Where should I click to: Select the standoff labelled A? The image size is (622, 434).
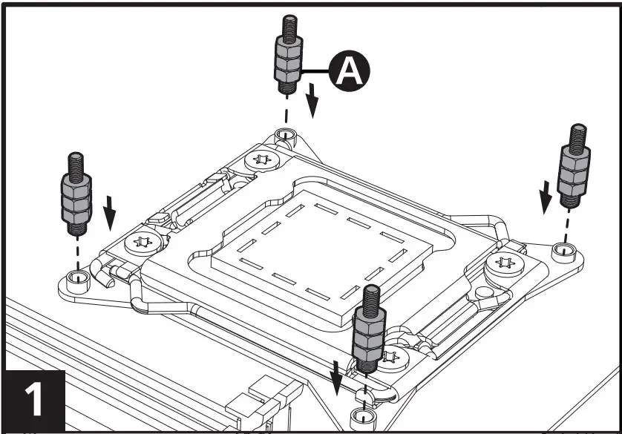pyautogui.click(x=287, y=63)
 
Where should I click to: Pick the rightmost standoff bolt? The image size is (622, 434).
pyautogui.click(x=574, y=167)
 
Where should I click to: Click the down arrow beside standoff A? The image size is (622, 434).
pyautogui.click(x=313, y=100)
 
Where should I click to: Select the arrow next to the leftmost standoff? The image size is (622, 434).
pyautogui.click(x=110, y=212)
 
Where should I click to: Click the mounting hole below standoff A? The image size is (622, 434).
pyautogui.click(x=282, y=135)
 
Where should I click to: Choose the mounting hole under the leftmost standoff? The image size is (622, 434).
pyautogui.click(x=74, y=280)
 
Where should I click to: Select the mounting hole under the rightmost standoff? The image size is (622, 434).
pyautogui.click(x=565, y=251)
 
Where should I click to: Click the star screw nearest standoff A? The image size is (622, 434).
pyautogui.click(x=261, y=159)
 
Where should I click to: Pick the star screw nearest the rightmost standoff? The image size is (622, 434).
pyautogui.click(x=507, y=262)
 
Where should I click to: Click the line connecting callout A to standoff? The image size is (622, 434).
pyautogui.click(x=315, y=71)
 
